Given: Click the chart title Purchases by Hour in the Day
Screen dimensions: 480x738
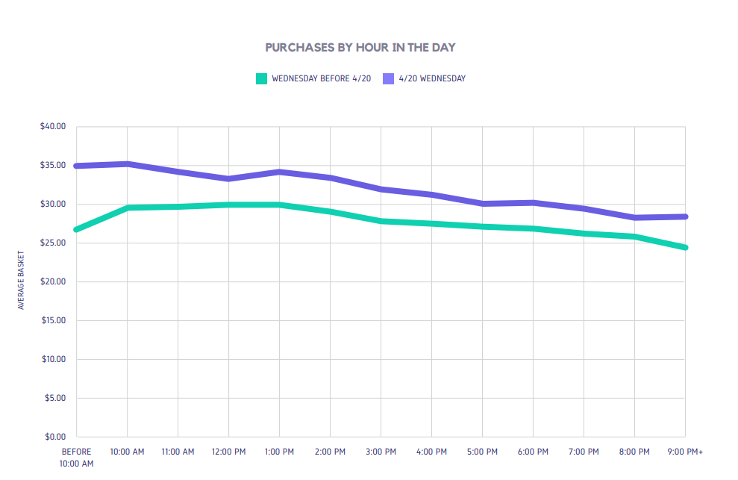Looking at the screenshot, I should click(360, 47).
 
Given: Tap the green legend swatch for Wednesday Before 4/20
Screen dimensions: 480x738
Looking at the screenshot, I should click(261, 78).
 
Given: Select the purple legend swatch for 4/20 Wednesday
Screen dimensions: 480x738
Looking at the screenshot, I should click(388, 78).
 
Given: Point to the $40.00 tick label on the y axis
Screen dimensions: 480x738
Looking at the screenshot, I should click(53, 126).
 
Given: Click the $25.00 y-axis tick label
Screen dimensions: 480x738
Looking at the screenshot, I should click(53, 243).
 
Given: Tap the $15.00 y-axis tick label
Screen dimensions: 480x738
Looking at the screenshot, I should click(53, 320).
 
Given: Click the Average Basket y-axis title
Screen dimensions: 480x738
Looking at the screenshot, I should click(22, 281).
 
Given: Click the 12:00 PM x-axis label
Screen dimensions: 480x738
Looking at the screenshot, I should click(228, 452).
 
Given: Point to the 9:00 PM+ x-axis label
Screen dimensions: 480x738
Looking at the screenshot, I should click(685, 452).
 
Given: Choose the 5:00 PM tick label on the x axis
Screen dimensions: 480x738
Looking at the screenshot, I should click(482, 452).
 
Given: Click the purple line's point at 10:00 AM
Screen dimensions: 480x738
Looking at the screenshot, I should click(128, 163).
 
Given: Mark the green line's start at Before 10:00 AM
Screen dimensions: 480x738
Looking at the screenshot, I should click(77, 229).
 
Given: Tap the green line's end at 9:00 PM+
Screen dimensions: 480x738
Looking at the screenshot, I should click(684, 247).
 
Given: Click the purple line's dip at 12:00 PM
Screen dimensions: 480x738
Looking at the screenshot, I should click(228, 179).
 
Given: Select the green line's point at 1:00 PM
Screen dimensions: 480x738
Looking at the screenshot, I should click(279, 205).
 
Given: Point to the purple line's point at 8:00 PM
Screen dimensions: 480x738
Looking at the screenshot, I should click(634, 217).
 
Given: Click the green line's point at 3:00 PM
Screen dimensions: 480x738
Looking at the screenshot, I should click(381, 221).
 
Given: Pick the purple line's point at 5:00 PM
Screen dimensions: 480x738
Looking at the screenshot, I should click(482, 203).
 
